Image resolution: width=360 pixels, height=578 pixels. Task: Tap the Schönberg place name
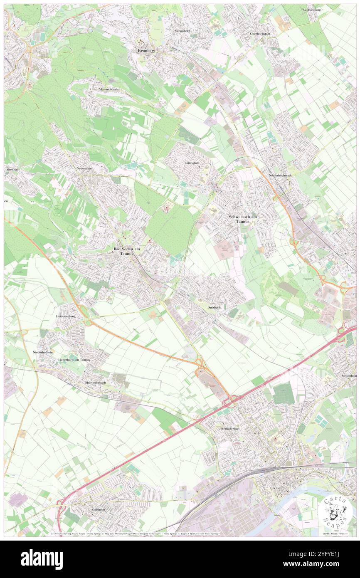[182, 31]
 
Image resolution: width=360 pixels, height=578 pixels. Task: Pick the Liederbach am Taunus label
[74, 359]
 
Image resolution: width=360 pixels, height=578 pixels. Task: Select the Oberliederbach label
[95, 383]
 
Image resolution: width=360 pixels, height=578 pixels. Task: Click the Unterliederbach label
[229, 428]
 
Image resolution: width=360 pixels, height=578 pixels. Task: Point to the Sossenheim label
[349, 375]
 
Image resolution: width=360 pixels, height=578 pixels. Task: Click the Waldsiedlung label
[312, 9]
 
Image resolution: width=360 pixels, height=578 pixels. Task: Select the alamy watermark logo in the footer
[42, 558]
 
